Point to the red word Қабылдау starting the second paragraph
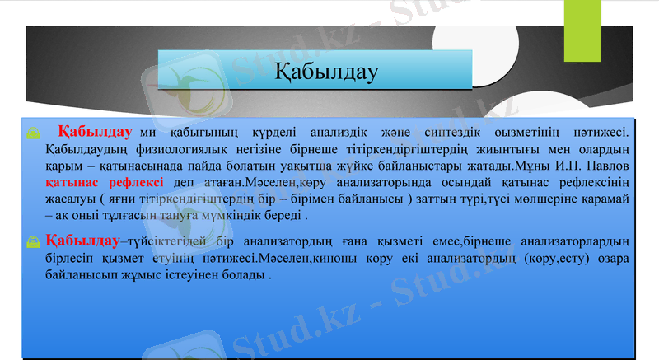coord(83,241)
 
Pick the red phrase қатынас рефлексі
coord(105,182)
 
